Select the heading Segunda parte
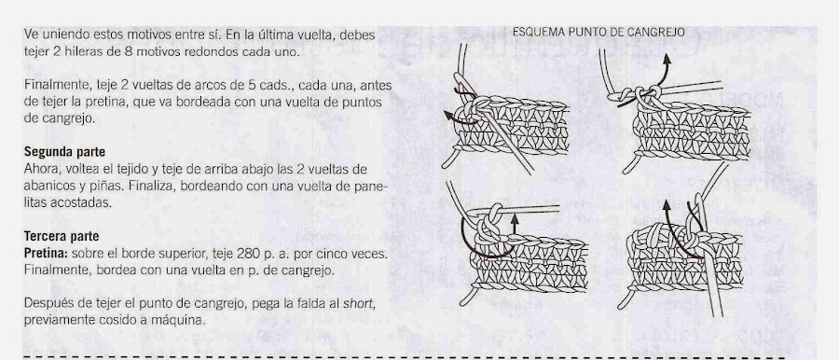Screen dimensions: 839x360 pyautogui.click(x=64, y=152)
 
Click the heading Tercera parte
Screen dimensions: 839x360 pyautogui.click(x=62, y=236)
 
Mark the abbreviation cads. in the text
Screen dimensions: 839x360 pyautogui.click(x=281, y=86)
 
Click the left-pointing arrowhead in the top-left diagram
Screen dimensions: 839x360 pyautogui.click(x=448, y=116)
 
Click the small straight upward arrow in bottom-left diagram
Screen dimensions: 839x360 pyautogui.click(x=515, y=224)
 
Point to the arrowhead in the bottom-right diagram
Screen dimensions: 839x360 pyautogui.click(x=667, y=205)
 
